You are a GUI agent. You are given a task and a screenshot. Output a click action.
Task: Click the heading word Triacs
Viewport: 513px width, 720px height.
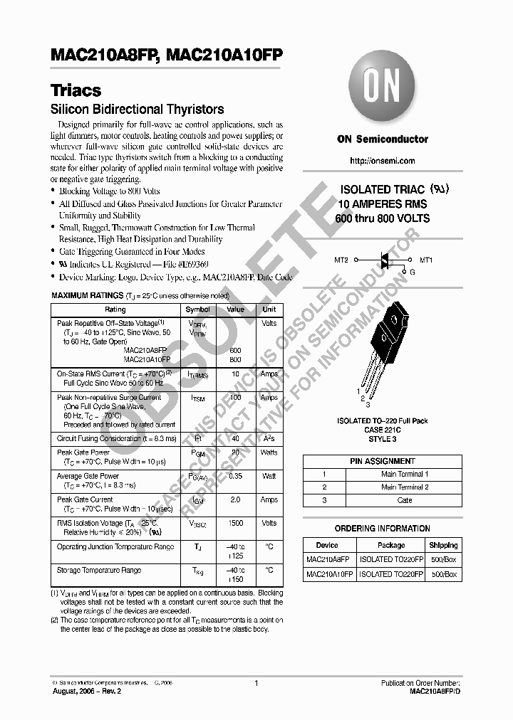76,91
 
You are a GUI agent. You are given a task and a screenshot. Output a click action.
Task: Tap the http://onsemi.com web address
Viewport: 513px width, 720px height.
383,161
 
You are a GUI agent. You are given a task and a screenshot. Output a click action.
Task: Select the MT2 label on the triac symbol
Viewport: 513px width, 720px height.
341,260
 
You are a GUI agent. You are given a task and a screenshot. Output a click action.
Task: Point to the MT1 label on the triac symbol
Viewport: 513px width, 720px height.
426,260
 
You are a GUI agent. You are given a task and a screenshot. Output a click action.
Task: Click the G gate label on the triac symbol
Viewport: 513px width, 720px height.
410,272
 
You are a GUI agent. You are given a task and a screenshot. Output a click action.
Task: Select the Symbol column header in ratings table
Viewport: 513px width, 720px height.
197,309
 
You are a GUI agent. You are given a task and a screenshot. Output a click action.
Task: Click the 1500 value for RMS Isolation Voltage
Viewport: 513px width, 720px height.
235,523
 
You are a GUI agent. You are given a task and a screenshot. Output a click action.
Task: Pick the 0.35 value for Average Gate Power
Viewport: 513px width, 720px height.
235,476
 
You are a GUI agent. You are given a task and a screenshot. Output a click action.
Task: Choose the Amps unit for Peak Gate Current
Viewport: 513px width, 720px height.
269,499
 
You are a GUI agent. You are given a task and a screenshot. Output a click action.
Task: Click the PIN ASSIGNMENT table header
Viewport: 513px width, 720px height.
382,461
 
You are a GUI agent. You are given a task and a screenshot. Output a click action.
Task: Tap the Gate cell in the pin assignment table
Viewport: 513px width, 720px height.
404,500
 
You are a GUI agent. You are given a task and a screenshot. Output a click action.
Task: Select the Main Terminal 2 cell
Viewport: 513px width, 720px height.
404,487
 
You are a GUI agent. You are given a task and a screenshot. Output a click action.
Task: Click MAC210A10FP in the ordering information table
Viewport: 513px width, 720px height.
329,573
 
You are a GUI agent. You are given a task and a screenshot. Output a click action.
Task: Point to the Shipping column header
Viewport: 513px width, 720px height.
443,546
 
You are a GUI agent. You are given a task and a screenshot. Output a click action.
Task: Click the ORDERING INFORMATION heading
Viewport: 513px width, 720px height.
382,529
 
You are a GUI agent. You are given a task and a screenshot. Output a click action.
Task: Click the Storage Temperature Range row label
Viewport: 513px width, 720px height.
98,570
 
